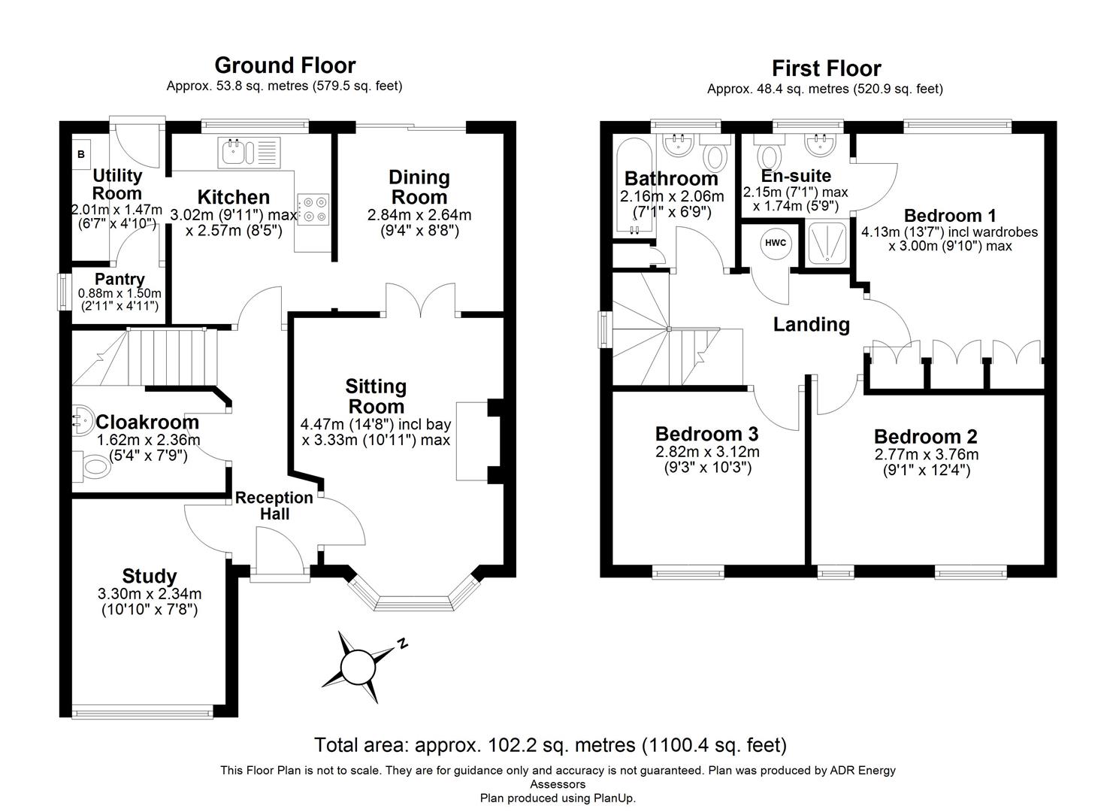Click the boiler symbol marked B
coord(81,154)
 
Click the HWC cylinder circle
coord(775,243)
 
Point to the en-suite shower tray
coord(827,242)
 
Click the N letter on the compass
coord(403,644)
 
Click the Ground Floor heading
coord(285,65)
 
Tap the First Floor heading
coord(825,68)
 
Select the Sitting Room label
coord(376,396)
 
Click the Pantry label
coord(119,280)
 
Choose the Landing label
coord(811,325)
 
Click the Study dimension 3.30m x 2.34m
coord(150,594)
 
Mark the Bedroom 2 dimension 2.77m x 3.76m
coord(926,454)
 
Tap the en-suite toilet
coord(769,156)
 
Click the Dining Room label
coord(419,187)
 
